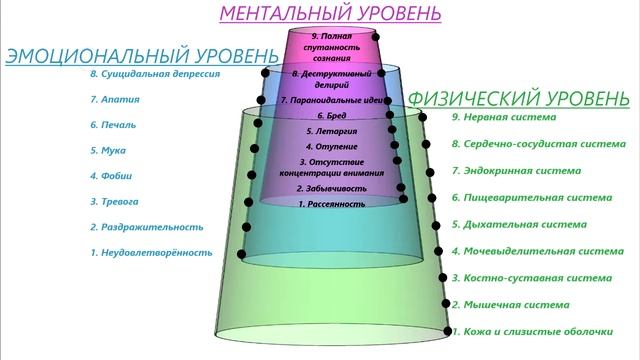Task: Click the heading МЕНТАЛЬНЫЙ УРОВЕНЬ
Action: click(329, 14)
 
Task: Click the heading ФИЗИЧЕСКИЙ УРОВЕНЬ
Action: click(518, 99)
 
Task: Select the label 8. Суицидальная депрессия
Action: click(154, 74)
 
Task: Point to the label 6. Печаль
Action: click(114, 126)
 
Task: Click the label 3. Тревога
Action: click(116, 202)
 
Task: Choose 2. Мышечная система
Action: click(510, 304)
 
